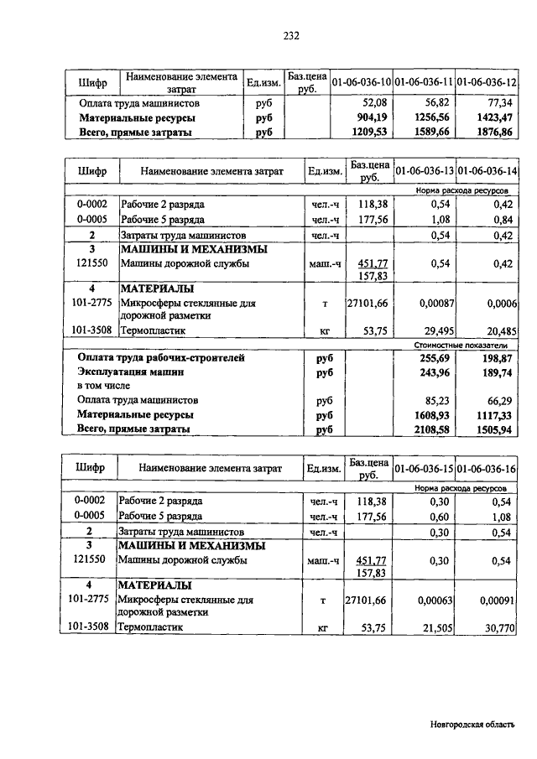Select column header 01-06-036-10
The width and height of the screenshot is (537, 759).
tap(362, 82)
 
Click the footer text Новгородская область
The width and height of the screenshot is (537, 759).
tap(472, 725)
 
